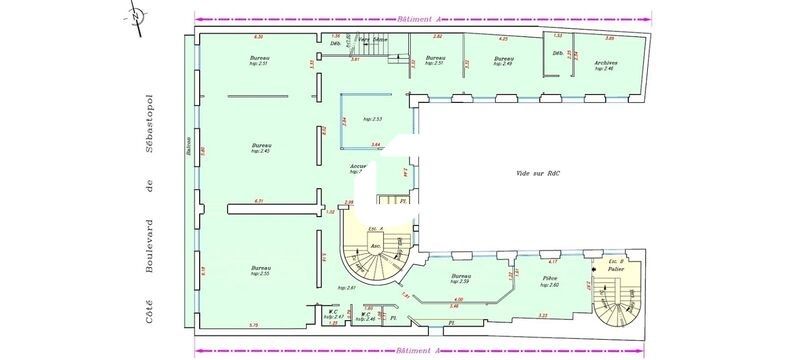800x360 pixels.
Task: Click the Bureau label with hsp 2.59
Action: pos(461,278)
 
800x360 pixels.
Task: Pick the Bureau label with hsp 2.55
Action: pos(261,270)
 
